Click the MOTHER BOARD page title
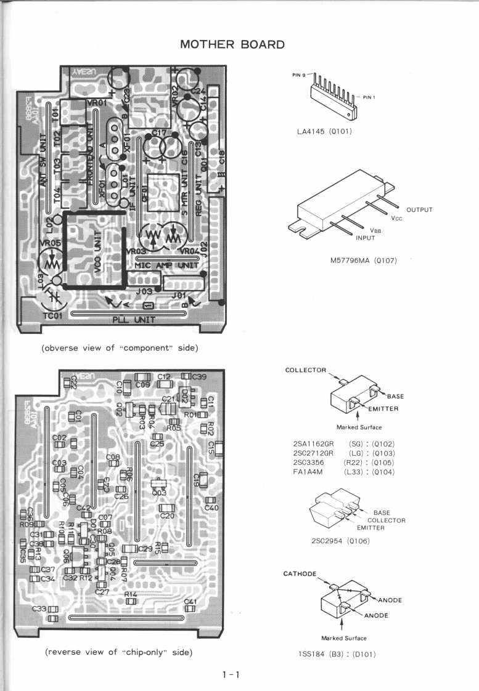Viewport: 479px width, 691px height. click(x=232, y=44)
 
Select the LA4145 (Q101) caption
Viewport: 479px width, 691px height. click(x=324, y=131)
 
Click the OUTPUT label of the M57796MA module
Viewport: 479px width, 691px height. click(x=419, y=210)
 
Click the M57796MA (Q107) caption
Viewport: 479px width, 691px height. click(x=364, y=260)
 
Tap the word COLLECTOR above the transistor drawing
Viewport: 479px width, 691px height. click(x=306, y=370)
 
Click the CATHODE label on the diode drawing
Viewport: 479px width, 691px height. click(x=300, y=573)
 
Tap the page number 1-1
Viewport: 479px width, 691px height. click(x=231, y=675)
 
